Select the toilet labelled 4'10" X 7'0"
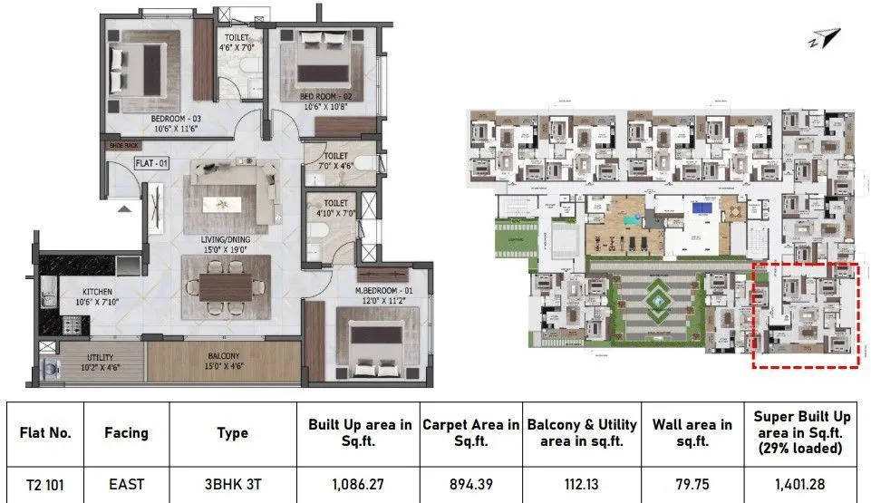(x=335, y=208)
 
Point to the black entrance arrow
(x=123, y=209)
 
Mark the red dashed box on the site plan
(x=806, y=315)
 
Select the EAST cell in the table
(x=126, y=485)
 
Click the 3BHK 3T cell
(x=232, y=485)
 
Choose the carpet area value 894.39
(x=470, y=485)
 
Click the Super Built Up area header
(x=802, y=432)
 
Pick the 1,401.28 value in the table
(x=802, y=485)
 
